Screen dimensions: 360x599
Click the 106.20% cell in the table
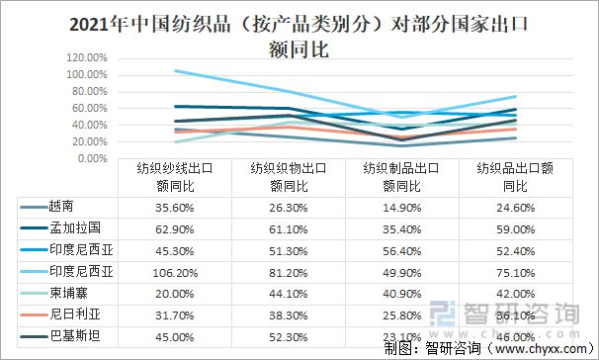click(175, 269)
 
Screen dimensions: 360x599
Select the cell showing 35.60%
click(175, 206)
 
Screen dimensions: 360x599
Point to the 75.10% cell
click(516, 269)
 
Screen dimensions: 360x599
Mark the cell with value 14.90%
click(402, 206)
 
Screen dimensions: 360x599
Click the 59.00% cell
click(516, 226)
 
